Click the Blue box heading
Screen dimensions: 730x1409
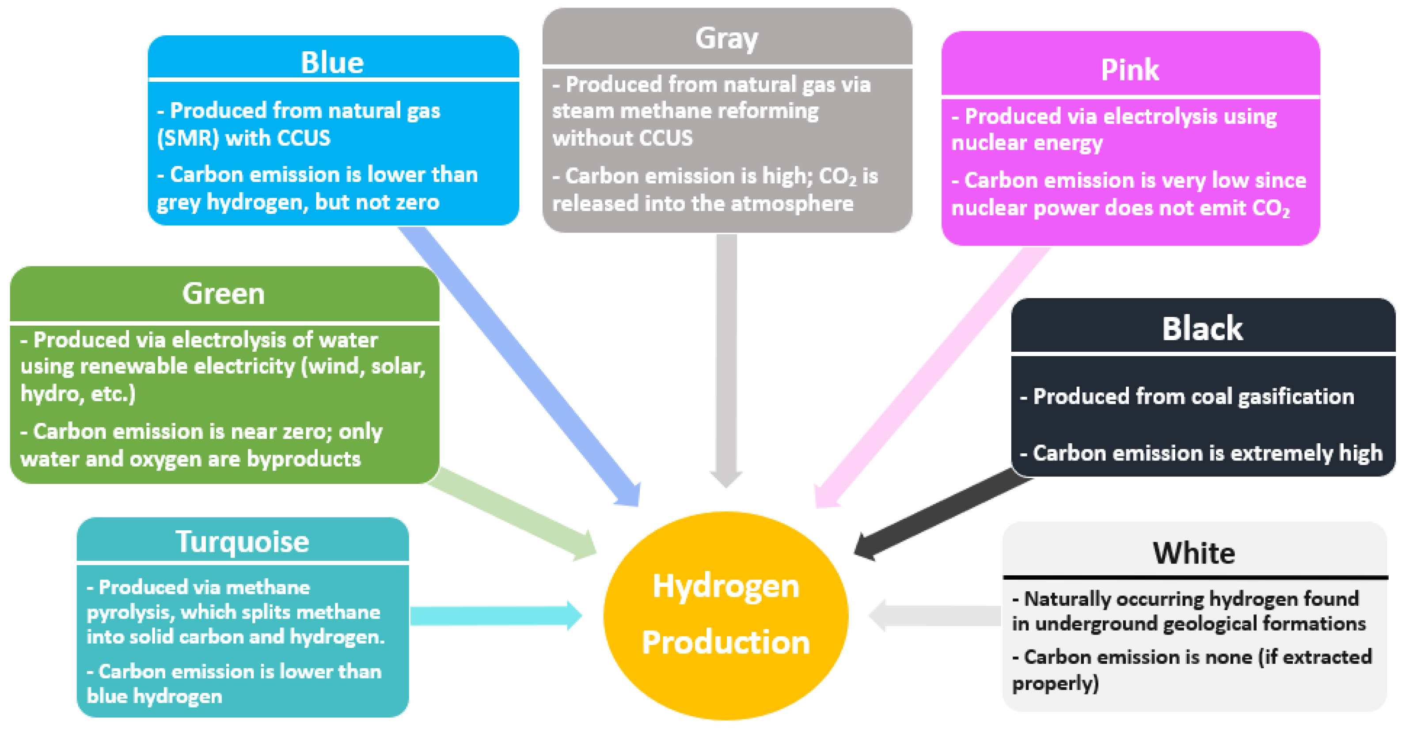click(x=332, y=62)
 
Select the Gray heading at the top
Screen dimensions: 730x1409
click(x=726, y=38)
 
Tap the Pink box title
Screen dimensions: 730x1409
click(x=1129, y=69)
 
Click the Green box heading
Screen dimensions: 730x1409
click(x=223, y=293)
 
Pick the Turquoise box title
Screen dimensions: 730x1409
click(x=242, y=541)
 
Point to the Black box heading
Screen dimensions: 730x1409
click(x=1202, y=328)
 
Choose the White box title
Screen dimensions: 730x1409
click(x=1194, y=552)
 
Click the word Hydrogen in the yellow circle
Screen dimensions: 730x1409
click(x=726, y=586)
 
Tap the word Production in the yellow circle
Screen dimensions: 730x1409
click(x=726, y=642)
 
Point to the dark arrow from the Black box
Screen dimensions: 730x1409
click(x=941, y=514)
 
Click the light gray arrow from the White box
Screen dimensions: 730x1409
click(x=935, y=616)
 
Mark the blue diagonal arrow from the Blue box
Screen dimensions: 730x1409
click(x=520, y=367)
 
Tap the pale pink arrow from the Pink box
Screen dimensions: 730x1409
click(x=930, y=377)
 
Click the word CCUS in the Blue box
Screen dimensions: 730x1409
click(x=305, y=138)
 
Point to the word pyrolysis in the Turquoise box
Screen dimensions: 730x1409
click(x=130, y=612)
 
